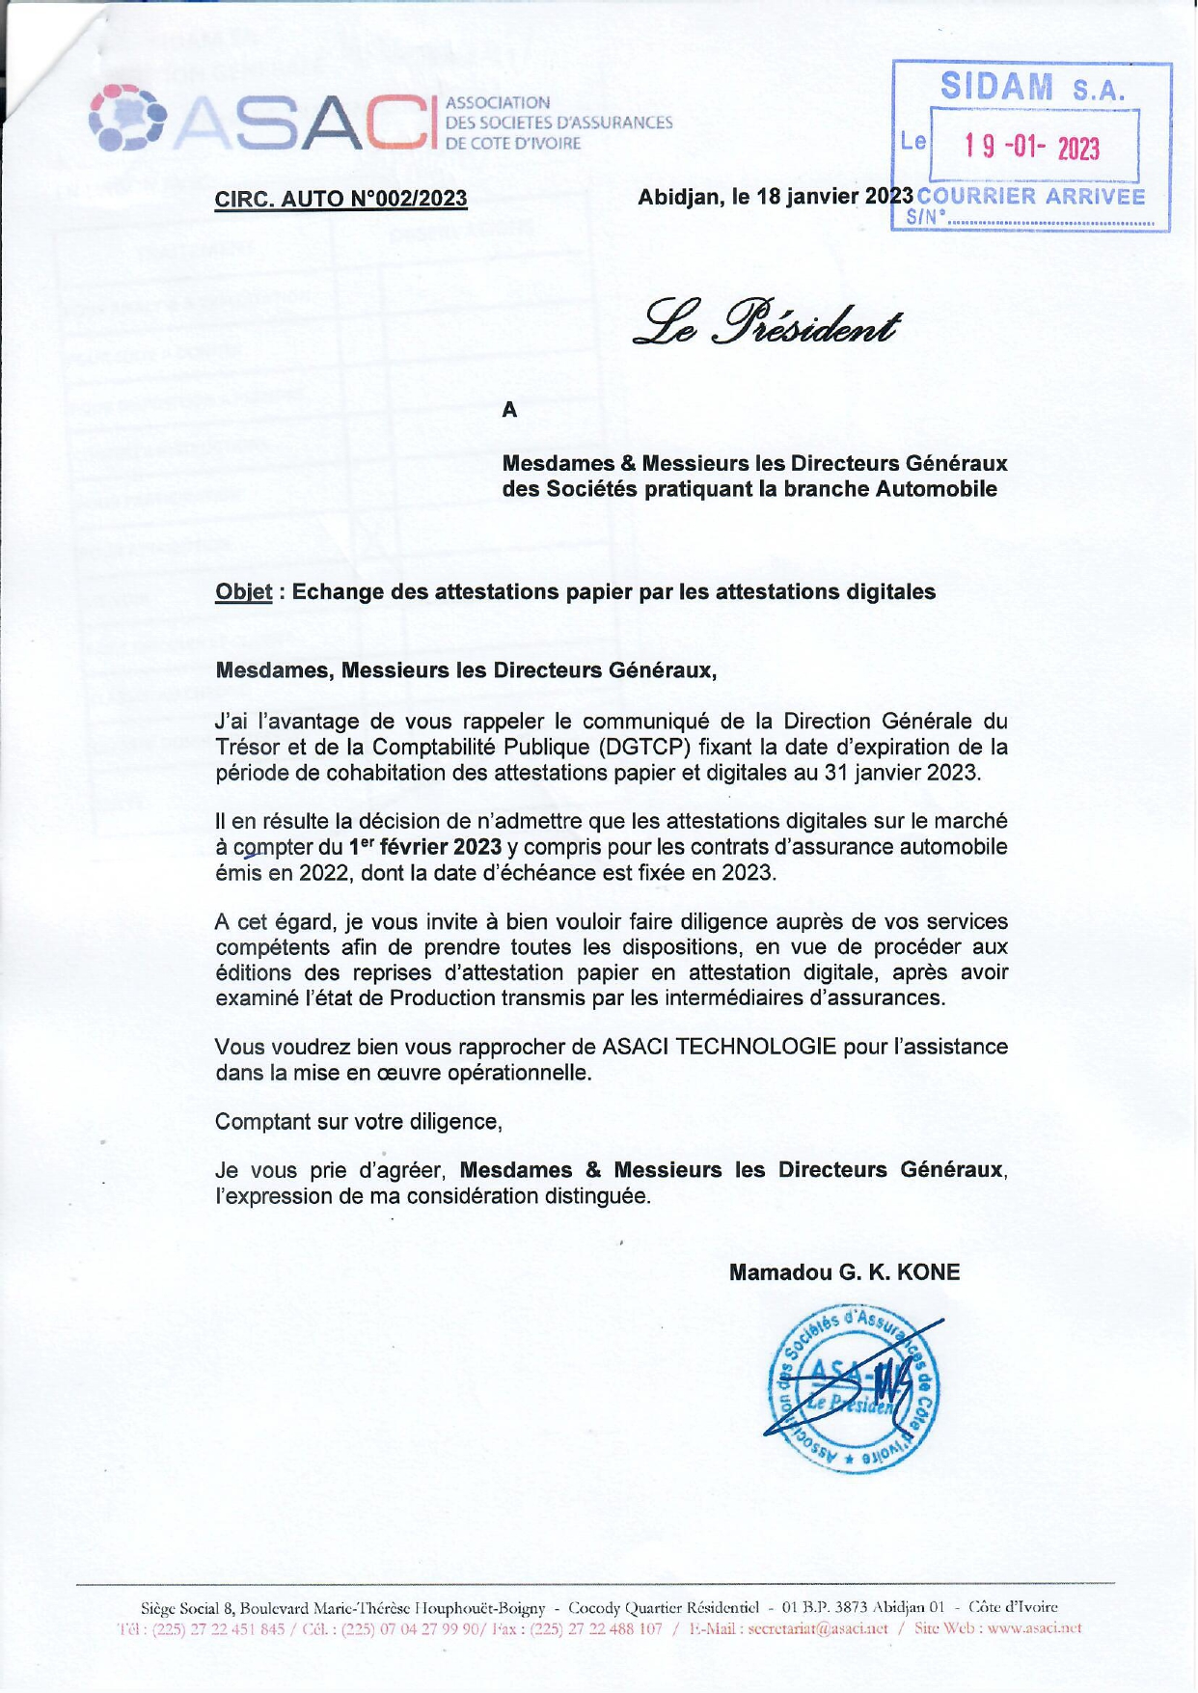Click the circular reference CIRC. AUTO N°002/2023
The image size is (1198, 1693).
tap(340, 199)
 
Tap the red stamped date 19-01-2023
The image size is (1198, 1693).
tap(1031, 148)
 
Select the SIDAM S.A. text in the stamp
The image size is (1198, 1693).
tap(1032, 89)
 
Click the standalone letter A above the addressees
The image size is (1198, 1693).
tap(509, 410)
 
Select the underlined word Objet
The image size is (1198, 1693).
tap(243, 591)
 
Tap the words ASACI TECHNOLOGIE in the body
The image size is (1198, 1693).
tap(719, 1047)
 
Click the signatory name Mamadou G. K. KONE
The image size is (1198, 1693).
tap(844, 1272)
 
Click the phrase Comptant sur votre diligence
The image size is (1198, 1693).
tap(358, 1122)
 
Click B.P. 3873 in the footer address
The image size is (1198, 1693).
tap(837, 1608)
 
